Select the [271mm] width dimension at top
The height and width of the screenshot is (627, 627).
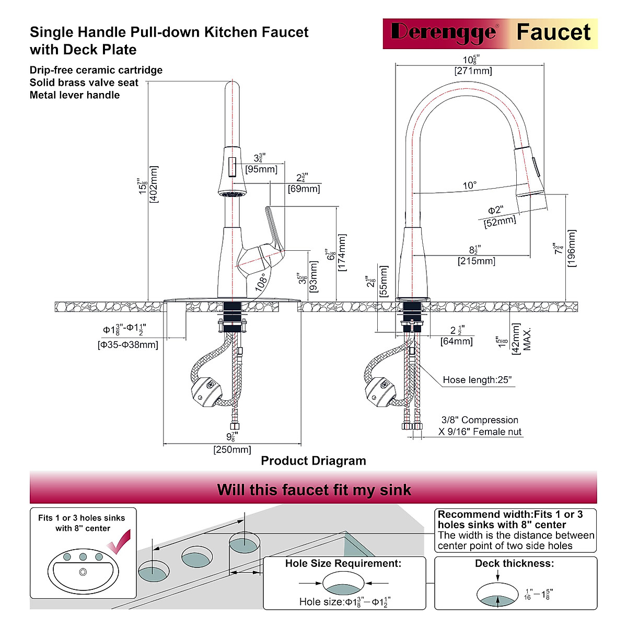click(x=473, y=71)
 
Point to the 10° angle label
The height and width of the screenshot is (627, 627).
click(x=469, y=185)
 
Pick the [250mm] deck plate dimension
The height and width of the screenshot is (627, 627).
click(x=232, y=449)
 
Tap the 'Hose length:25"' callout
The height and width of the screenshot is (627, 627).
click(x=477, y=380)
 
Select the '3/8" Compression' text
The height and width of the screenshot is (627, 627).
click(x=480, y=420)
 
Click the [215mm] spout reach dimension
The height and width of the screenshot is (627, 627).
click(x=476, y=261)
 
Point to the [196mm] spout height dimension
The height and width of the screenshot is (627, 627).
click(x=571, y=248)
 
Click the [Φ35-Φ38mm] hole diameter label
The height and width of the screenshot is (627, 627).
click(x=128, y=344)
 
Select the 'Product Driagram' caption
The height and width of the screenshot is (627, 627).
click(x=313, y=461)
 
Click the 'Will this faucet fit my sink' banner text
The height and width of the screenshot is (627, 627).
click(x=313, y=490)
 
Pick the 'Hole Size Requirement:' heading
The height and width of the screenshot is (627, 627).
click(x=343, y=563)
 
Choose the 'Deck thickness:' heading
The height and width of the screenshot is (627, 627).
click(x=514, y=563)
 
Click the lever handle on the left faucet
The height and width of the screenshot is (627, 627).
click(x=274, y=230)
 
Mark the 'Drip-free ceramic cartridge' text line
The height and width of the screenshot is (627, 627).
click(x=96, y=70)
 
